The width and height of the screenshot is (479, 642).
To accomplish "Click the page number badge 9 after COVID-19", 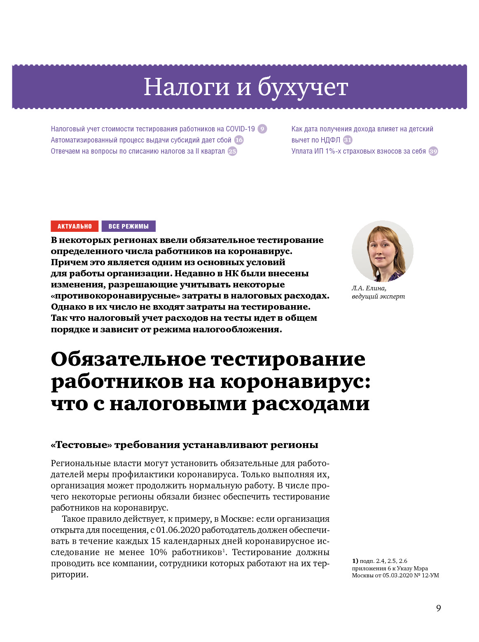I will click(x=262, y=129).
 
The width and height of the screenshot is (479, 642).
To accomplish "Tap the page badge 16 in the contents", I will click(x=239, y=140).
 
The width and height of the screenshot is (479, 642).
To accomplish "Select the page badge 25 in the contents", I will click(x=232, y=151).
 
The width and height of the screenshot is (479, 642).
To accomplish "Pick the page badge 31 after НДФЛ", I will click(x=348, y=140).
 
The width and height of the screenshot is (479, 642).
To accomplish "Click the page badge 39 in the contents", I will click(x=433, y=151).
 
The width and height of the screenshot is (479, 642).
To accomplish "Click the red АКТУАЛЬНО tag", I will click(x=75, y=226).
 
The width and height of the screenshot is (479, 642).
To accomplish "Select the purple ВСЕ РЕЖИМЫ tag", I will click(x=129, y=226).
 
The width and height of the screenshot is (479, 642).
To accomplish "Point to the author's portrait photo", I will click(x=382, y=251).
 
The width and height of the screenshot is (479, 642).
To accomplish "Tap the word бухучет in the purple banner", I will click(x=303, y=87).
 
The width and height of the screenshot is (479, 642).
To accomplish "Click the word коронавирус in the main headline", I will click(x=295, y=381).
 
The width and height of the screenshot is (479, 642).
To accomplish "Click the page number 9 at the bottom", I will click(x=438, y=608).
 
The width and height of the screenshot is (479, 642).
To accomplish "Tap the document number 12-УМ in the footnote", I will click(x=430, y=575).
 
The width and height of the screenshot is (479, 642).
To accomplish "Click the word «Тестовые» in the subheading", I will click(x=81, y=445).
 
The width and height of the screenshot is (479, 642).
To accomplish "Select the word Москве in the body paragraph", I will click(x=234, y=519).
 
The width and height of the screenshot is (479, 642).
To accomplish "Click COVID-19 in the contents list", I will click(x=240, y=129).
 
